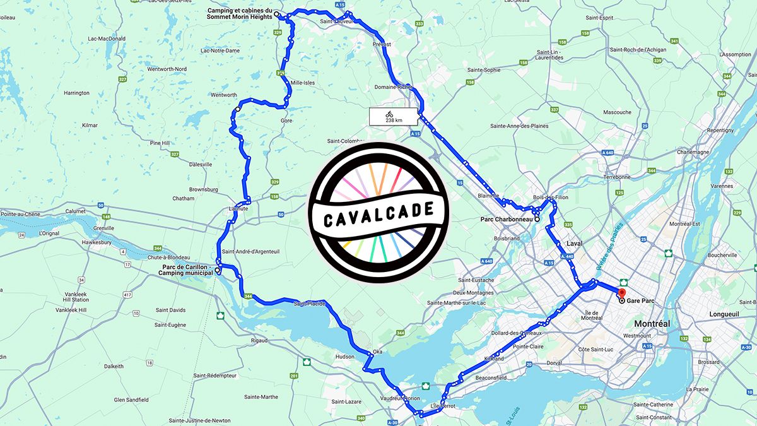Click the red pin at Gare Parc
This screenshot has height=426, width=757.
[x=621, y=293]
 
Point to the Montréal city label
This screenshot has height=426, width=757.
[x=652, y=323]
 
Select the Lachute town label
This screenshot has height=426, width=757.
[x=238, y=209]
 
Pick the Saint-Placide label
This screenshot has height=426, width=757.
[x=309, y=304]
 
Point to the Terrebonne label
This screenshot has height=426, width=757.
[x=617, y=177]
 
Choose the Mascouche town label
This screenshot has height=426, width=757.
[x=617, y=112]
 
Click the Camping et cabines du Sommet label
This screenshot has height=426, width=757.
[x=239, y=14]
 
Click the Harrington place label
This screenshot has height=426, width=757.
[x=76, y=93]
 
